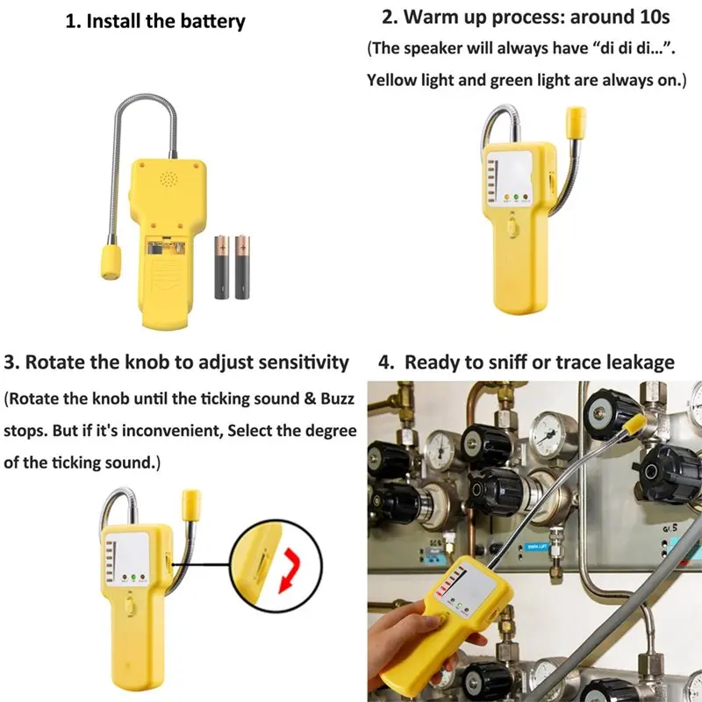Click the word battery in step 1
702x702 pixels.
[x=205, y=21]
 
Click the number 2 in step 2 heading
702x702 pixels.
[x=387, y=17]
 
